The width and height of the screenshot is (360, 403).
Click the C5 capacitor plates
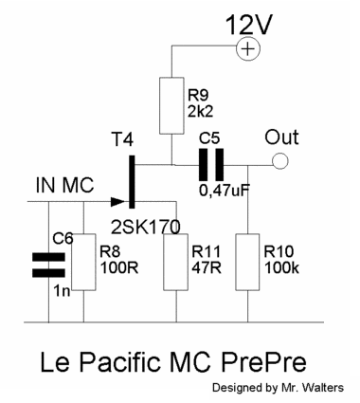(211, 165)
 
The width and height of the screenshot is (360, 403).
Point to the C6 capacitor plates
(48, 265)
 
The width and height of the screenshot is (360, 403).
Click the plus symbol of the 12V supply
(248, 49)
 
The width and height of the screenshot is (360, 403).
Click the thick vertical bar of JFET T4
(132, 182)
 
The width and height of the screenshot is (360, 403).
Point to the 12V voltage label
(248, 25)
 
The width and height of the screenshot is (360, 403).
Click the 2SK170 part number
(146, 227)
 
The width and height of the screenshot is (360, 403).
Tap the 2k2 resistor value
(201, 112)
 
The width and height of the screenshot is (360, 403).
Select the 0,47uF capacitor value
(225, 191)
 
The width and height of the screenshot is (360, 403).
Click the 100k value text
(281, 268)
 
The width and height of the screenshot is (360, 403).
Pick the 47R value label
(207, 268)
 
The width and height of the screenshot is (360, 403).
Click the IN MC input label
(64, 185)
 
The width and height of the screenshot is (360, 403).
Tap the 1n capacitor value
(62, 291)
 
